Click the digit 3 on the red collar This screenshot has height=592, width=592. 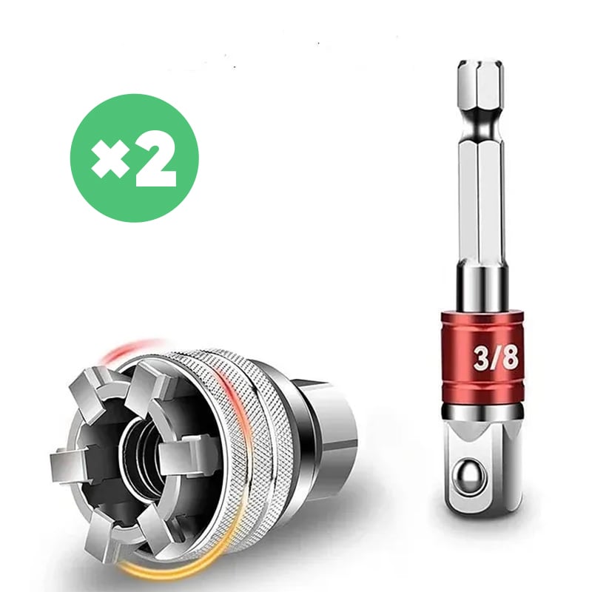[482, 359]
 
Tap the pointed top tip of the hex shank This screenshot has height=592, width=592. [480, 61]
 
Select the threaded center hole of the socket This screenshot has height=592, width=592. [144, 456]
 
